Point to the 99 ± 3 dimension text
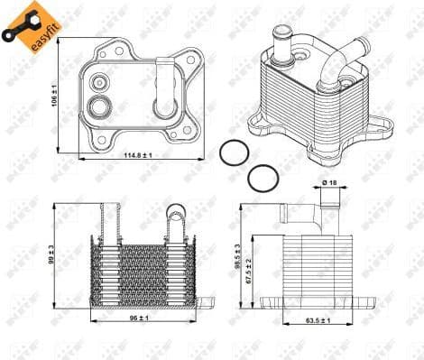pos(51,255)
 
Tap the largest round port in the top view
pos(99,109)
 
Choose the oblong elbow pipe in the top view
pos(165,89)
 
